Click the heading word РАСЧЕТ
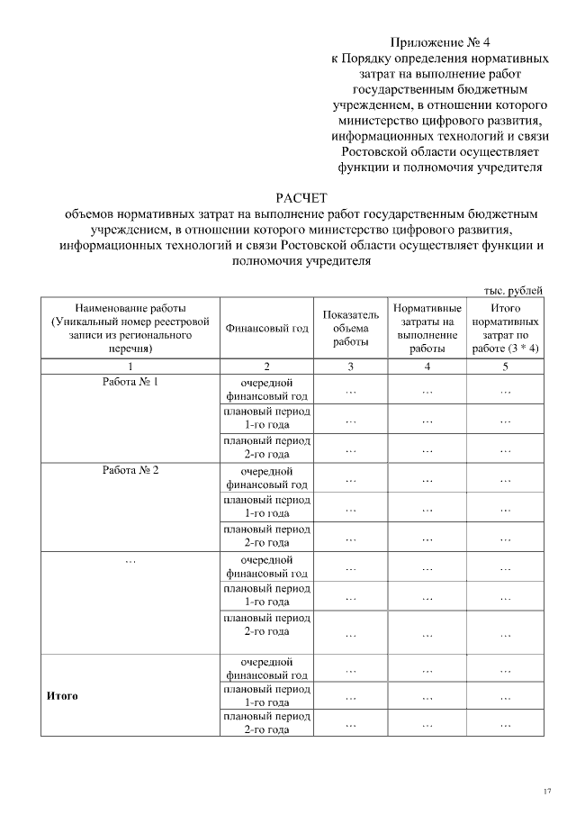[x=302, y=198]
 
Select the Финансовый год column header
[x=267, y=328]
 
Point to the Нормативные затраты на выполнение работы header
[x=427, y=328]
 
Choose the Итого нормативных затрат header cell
[x=506, y=328]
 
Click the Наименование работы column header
[x=130, y=328]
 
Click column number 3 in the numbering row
[x=350, y=367]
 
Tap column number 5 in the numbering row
[x=506, y=367]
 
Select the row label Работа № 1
[x=130, y=382]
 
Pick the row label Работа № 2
[x=130, y=470]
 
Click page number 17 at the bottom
[x=546, y=791]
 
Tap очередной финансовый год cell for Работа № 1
[x=267, y=389]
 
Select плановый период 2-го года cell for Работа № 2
[x=267, y=536]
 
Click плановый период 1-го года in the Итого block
[x=267, y=695]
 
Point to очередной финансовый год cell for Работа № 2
[x=267, y=477]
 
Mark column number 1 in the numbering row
[x=130, y=367]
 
